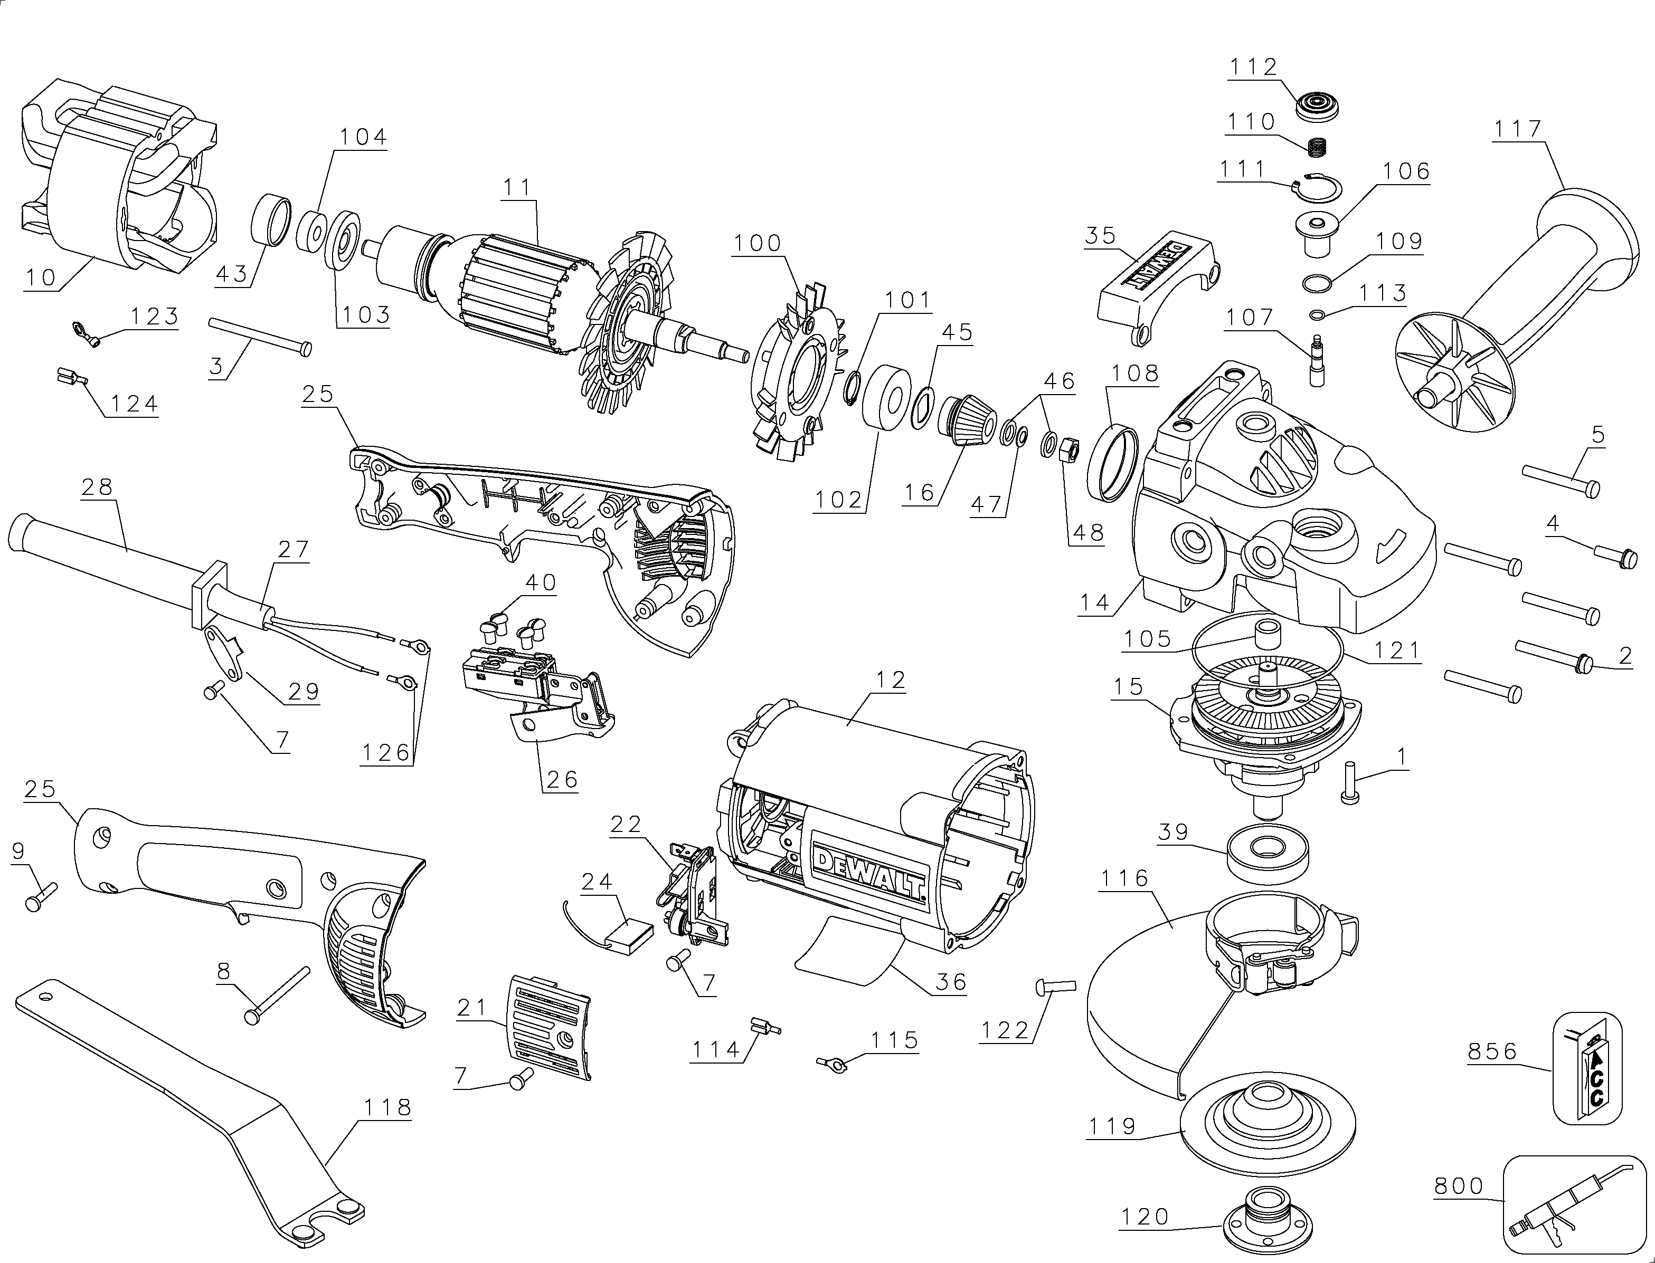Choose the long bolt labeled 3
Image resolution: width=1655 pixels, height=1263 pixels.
(260, 336)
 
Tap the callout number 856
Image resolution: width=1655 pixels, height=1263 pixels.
(1492, 1051)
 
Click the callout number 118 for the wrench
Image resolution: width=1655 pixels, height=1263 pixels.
(387, 1107)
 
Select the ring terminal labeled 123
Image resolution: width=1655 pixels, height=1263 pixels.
(85, 332)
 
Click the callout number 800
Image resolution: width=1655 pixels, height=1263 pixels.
(1459, 1187)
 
